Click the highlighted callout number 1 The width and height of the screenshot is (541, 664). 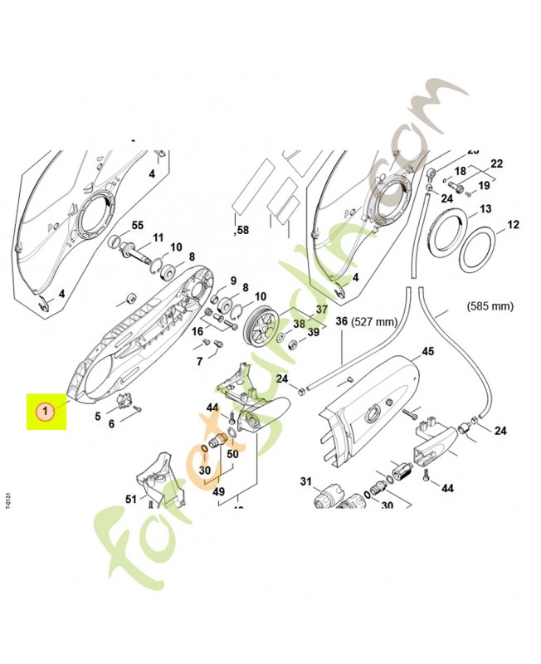pyautogui.click(x=47, y=410)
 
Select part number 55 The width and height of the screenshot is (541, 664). pyautogui.click(x=138, y=225)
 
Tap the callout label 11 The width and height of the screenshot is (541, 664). pyautogui.click(x=157, y=237)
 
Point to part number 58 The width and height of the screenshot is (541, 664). pyautogui.click(x=242, y=229)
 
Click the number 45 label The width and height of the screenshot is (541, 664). pyautogui.click(x=428, y=351)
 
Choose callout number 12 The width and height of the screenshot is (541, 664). pyautogui.click(x=513, y=224)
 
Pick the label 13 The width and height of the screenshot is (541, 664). pyautogui.click(x=485, y=208)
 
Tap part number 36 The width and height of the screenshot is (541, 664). pyautogui.click(x=340, y=321)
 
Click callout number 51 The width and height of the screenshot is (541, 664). pyautogui.click(x=130, y=498)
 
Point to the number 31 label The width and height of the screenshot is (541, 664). pyautogui.click(x=305, y=481)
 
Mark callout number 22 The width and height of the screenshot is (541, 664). pyautogui.click(x=497, y=163)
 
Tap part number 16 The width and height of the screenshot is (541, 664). pyautogui.click(x=197, y=331)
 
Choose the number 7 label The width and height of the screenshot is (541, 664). pyautogui.click(x=199, y=362)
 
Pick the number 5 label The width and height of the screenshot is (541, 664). pyautogui.click(x=97, y=416)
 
